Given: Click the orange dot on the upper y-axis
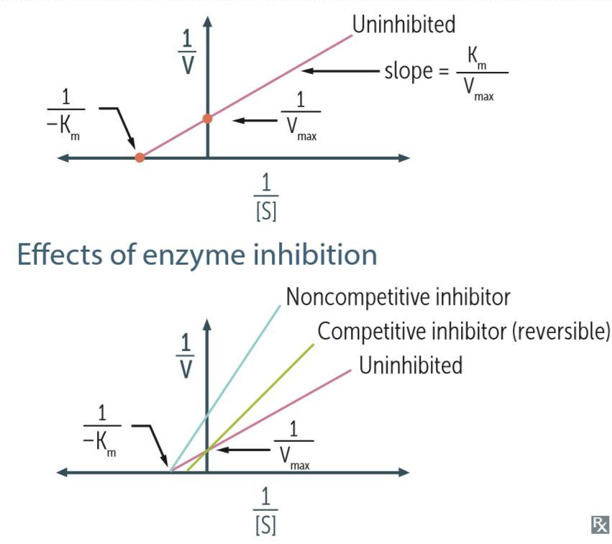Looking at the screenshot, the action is (x=207, y=118).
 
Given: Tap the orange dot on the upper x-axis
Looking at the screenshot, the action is (x=140, y=157).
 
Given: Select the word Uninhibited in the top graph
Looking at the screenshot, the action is (x=403, y=24).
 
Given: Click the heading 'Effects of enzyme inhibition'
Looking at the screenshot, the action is (x=196, y=255).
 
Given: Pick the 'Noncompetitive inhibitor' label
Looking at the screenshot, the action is (x=398, y=296).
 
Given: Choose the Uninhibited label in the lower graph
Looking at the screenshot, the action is (x=411, y=365).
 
